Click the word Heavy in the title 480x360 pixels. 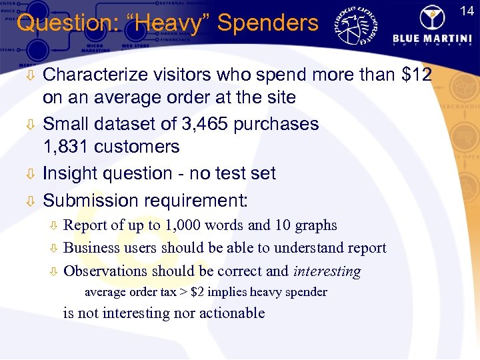click(173, 23)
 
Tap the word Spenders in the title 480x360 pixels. click(268, 23)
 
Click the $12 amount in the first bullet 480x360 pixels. click(417, 75)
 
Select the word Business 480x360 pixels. click(91, 248)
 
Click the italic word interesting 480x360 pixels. click(326, 271)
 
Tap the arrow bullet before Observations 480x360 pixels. click(54, 271)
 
